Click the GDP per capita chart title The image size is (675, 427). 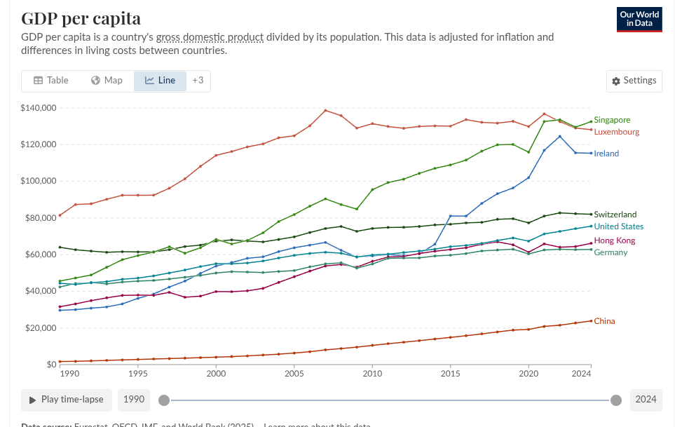click(x=81, y=18)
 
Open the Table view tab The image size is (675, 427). click(x=51, y=81)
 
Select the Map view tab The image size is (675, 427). click(x=107, y=81)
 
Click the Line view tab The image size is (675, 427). click(x=160, y=81)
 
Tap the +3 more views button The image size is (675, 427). click(x=198, y=81)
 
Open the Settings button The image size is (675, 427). click(x=634, y=81)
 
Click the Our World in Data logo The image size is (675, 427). click(x=639, y=19)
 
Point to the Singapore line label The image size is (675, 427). click(x=611, y=120)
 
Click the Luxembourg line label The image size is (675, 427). click(x=616, y=132)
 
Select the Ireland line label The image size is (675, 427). click(x=606, y=154)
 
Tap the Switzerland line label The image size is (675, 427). click(x=615, y=215)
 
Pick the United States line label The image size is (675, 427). click(x=618, y=226)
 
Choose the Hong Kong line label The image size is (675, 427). click(x=614, y=240)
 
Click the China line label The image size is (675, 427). click(x=604, y=321)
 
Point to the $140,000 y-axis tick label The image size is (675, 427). click(x=39, y=108)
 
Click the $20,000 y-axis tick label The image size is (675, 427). click(x=41, y=328)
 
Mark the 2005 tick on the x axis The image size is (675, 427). click(x=294, y=374)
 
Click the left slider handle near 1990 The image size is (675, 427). click(x=164, y=400)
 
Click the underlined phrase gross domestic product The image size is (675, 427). click(x=210, y=37)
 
